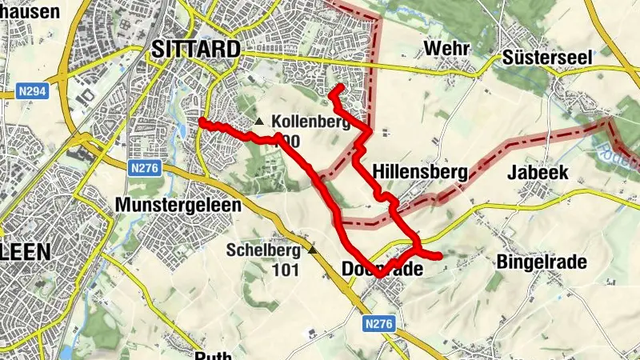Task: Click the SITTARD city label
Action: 195,50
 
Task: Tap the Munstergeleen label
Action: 178,205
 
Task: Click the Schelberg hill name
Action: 263,250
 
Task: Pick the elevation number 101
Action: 285,270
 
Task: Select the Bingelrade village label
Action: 542,262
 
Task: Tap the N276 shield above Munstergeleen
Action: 145,168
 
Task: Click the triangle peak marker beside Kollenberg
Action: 259,122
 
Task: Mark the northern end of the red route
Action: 340,86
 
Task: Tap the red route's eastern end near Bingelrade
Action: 439,256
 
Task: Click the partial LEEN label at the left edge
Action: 25,251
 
